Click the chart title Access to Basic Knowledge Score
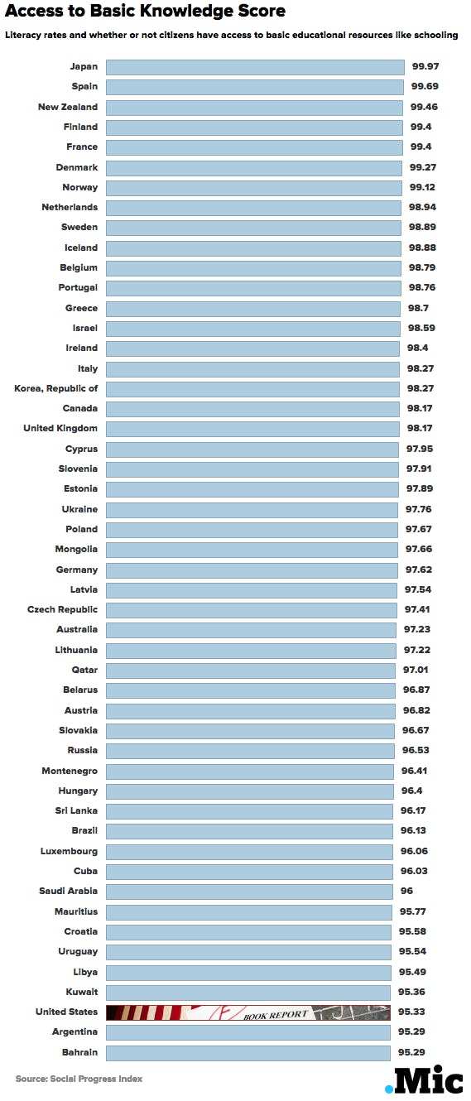146,12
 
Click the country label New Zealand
68,107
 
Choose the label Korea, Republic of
56,388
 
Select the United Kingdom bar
252,429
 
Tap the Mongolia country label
77,549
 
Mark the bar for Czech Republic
251,609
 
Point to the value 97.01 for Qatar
416,670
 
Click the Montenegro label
70,771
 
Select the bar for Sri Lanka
249,810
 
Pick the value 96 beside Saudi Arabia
407,891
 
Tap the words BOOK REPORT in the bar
276,1013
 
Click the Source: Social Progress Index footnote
79,1079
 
